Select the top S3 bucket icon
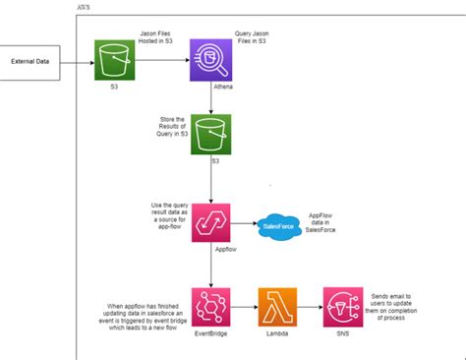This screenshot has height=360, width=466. pyautogui.click(x=115, y=60)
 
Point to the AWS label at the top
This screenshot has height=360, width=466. pyautogui.click(x=86, y=6)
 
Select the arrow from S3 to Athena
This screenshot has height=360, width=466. pyautogui.click(x=162, y=60)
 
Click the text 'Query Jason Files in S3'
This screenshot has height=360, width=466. pyautogui.click(x=252, y=42)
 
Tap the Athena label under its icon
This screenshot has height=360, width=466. pyautogui.click(x=222, y=87)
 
